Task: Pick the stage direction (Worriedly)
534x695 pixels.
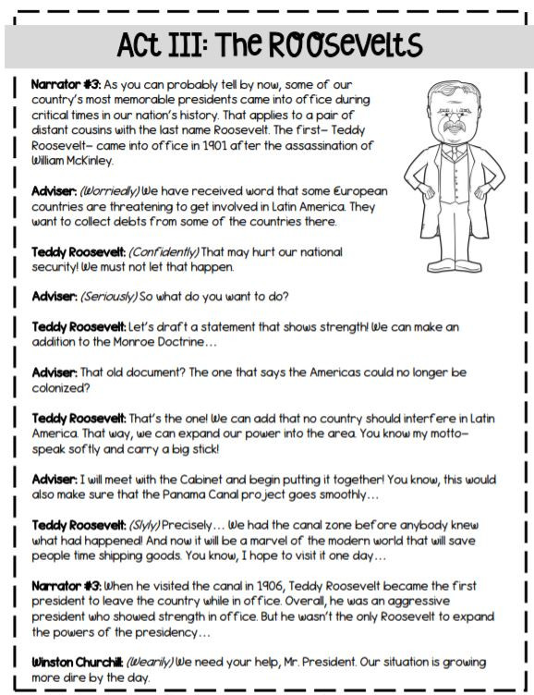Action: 113,190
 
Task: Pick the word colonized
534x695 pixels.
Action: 59,388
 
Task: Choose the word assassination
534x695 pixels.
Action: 309,145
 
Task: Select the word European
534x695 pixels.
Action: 356,190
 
